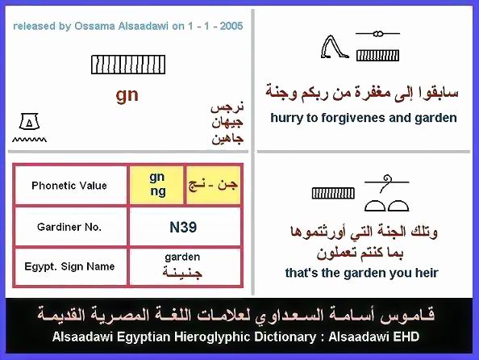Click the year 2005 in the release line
point(231,26)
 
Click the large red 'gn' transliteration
point(127,95)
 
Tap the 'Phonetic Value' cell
point(69,186)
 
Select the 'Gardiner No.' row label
point(69,227)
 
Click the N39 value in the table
point(183,228)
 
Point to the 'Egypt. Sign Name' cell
point(69,266)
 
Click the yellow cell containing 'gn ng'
point(156,185)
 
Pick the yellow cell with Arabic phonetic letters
point(213,185)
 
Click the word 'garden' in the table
point(182,257)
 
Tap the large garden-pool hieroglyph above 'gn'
point(128,65)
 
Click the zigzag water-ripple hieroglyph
point(29,140)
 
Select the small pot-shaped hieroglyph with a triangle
point(29,121)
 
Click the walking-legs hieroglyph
point(335,47)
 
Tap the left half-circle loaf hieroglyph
point(375,206)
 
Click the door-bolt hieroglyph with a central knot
point(378,34)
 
